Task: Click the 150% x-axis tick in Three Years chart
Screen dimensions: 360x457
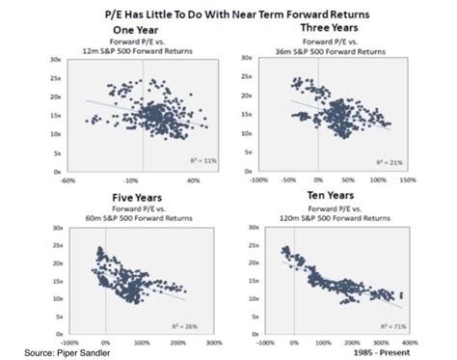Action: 406,179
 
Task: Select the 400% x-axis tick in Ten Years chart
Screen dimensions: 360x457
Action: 408,343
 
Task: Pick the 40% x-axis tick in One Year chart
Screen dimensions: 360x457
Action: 192,180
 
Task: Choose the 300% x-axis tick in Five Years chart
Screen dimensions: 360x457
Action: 176,343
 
